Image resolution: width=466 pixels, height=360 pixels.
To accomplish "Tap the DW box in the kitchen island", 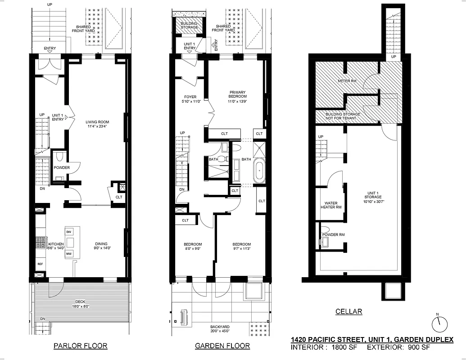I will pyautogui.click(x=69, y=231).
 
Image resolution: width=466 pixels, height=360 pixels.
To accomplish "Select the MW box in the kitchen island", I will pyautogui.click(x=69, y=254).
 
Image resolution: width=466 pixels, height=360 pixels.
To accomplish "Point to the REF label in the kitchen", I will pyautogui.click(x=40, y=264).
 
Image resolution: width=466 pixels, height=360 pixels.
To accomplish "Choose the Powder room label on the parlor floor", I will pyautogui.click(x=62, y=167).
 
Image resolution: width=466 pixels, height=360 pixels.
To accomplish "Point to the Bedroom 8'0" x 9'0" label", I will pyautogui.click(x=191, y=247).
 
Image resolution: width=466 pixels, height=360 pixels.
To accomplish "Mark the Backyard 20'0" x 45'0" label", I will pyautogui.click(x=220, y=330).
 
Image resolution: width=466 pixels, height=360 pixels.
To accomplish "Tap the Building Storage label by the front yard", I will pyautogui.click(x=189, y=25).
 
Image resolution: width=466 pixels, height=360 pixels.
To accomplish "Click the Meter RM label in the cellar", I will pyautogui.click(x=347, y=81).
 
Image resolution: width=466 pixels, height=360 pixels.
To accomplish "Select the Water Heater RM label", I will pyautogui.click(x=331, y=205).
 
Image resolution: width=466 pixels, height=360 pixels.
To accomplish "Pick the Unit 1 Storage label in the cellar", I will pyautogui.click(x=373, y=200).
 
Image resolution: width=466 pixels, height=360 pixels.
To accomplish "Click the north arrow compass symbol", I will pyautogui.click(x=440, y=323).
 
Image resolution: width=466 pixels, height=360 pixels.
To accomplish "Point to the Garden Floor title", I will pyautogui.click(x=222, y=346).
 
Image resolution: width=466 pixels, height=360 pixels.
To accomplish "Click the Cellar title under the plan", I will pyautogui.click(x=348, y=311).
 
